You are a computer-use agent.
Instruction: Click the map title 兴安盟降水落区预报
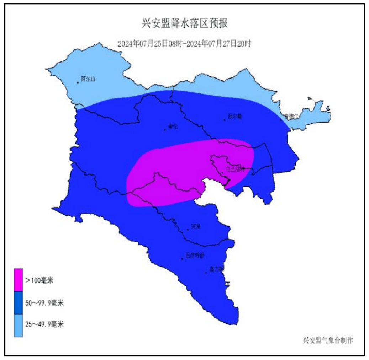coord(185,24)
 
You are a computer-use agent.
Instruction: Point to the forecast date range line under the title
coord(185,44)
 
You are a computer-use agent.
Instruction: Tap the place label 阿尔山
coord(88,79)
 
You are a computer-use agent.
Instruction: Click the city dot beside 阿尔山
coord(78,82)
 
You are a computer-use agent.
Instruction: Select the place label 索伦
coord(173,126)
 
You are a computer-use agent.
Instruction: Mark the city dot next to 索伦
coord(165,130)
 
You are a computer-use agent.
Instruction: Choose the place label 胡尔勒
coord(235,116)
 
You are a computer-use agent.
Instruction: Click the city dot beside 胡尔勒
coord(225,120)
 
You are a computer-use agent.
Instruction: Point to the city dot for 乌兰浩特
coord(223,173)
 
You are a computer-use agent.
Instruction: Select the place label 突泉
coord(196,226)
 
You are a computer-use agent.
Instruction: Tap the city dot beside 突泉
coord(188,230)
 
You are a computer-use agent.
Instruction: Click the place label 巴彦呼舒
coord(195,255)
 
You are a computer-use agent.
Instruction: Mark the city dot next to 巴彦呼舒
coord(182,259)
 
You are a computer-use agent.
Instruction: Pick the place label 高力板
coord(217,269)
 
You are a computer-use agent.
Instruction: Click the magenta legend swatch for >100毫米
coord(19,280)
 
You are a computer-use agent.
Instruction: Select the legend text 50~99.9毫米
coord(44,303)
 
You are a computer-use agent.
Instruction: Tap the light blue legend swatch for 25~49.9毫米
coord(19,325)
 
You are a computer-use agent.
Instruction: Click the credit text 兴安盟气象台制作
coord(328,340)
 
